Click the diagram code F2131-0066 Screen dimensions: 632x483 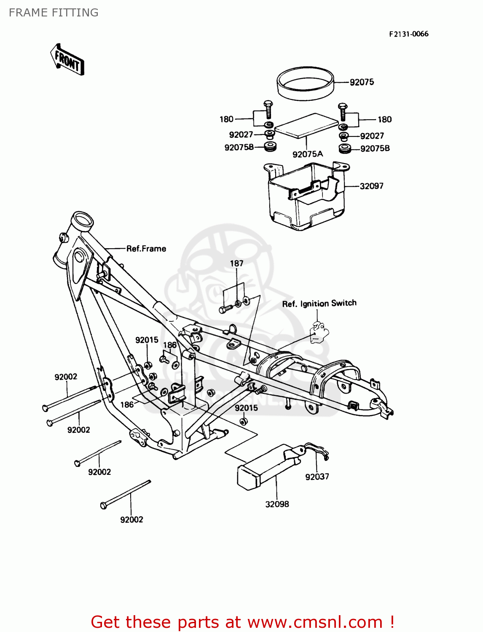[408, 34]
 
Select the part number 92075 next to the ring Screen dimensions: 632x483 [362, 82]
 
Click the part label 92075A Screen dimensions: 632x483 [308, 154]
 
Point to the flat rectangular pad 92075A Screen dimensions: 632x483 [306, 125]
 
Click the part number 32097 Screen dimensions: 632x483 [371, 186]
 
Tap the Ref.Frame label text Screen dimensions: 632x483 [146, 249]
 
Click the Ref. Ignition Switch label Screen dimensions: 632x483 [319, 303]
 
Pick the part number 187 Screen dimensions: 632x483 [236, 263]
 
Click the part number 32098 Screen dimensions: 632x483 [277, 504]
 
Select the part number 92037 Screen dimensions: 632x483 [317, 477]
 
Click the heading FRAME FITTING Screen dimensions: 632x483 [54, 13]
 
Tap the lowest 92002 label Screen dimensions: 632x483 [131, 520]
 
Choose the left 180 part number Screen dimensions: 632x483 [226, 119]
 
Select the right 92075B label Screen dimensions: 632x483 [375, 148]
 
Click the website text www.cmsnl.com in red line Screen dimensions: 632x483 [314, 622]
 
